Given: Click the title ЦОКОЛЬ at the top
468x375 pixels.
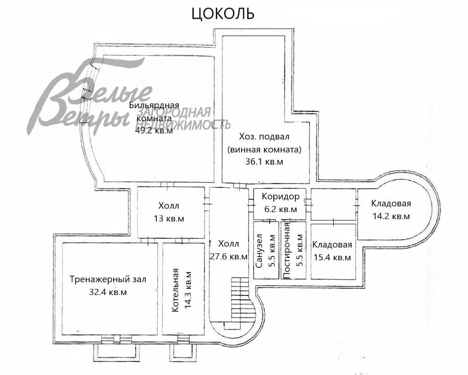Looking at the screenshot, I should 223,14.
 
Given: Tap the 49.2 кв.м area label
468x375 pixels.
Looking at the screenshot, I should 154,131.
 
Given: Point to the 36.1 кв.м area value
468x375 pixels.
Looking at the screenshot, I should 265,162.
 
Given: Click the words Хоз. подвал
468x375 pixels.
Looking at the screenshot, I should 264,137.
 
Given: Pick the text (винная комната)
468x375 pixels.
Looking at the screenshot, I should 265,149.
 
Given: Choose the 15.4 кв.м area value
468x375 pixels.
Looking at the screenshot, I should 332,257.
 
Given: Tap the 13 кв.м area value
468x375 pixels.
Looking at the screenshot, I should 168,218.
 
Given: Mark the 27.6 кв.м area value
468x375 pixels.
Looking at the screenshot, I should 228,256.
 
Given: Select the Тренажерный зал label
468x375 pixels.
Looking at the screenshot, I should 108,279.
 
